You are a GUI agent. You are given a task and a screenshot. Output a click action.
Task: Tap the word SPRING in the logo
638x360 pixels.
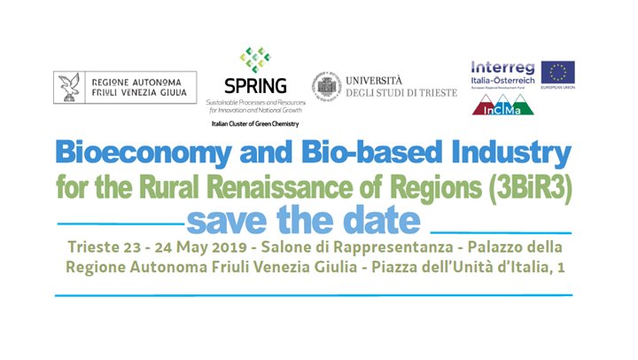click(255, 86)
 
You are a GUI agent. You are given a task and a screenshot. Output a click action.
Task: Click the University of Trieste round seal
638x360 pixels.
click(325, 86)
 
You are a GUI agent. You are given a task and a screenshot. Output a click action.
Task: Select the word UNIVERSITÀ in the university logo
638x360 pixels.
click(377, 79)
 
